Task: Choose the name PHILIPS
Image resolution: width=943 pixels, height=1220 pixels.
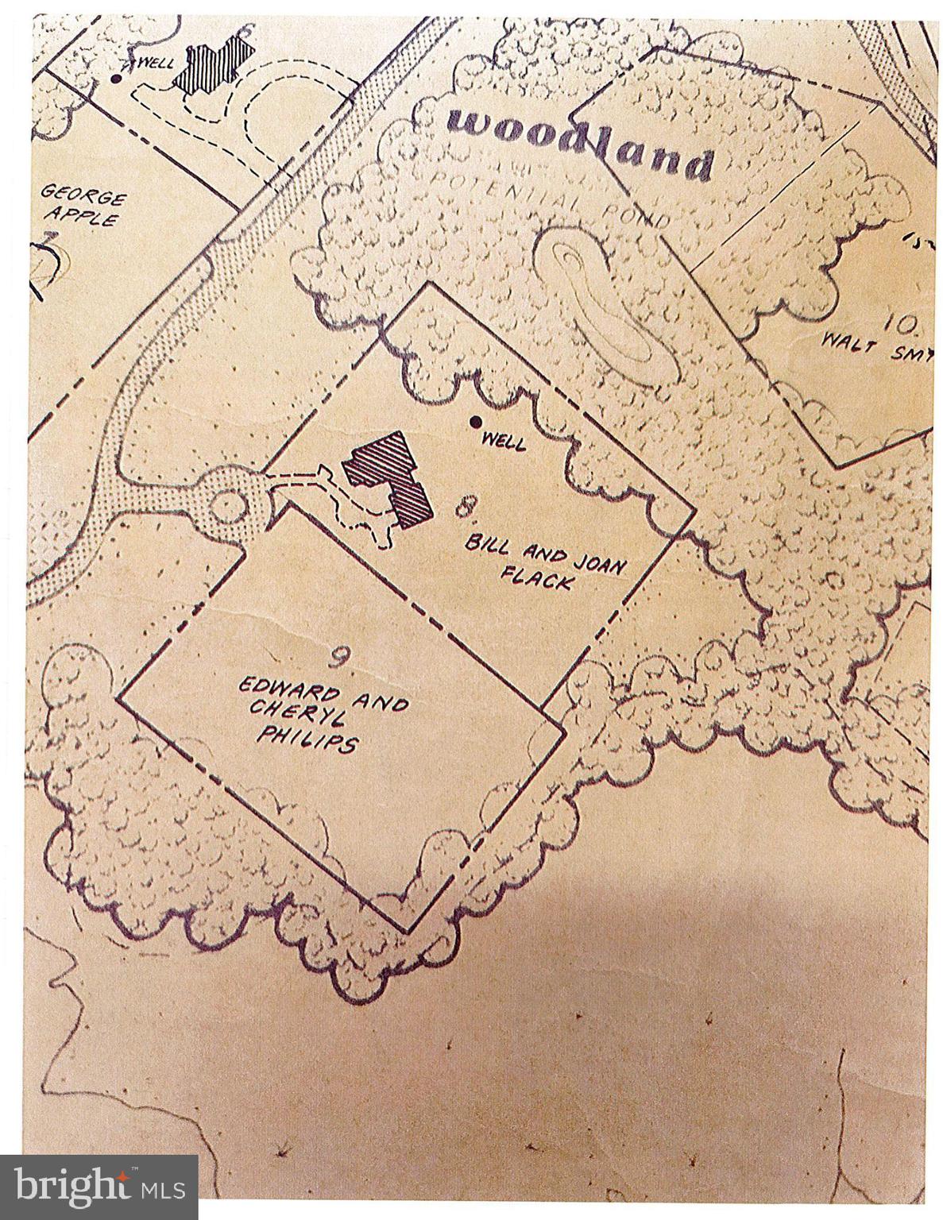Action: (x=306, y=741)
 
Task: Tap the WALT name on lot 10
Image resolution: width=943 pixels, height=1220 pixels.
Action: (x=845, y=345)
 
